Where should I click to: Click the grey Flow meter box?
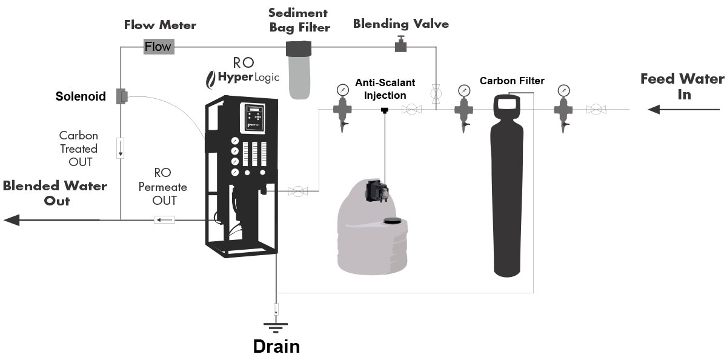pos(158,47)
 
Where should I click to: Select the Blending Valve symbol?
pos(400,44)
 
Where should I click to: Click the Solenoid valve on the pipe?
pos(121,96)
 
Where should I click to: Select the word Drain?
pos(276,347)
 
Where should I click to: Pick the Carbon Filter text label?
pos(512,81)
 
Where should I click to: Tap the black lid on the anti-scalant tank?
pos(394,221)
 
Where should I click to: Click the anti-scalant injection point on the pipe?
pos(384,110)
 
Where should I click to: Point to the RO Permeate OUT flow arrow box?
pos(164,219)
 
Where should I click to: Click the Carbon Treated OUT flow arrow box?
pos(121,148)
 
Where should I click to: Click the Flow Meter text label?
pos(160,25)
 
